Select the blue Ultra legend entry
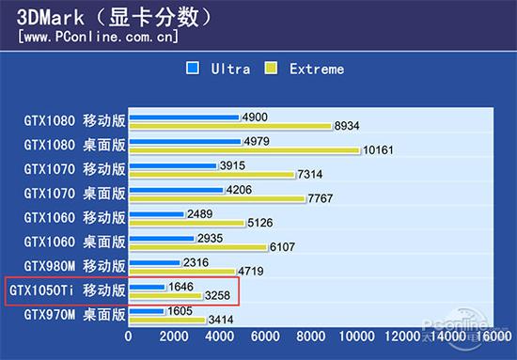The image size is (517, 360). (219, 69)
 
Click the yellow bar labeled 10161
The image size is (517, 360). (244, 150)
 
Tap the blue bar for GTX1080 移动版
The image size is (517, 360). (184, 117)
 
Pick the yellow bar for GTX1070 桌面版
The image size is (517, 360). (216, 198)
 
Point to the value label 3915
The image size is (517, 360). (231, 165)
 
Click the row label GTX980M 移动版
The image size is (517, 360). (74, 265)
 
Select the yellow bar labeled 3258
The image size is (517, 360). (165, 296)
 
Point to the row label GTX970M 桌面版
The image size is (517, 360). (74, 315)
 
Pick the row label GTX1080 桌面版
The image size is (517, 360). (74, 145)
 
